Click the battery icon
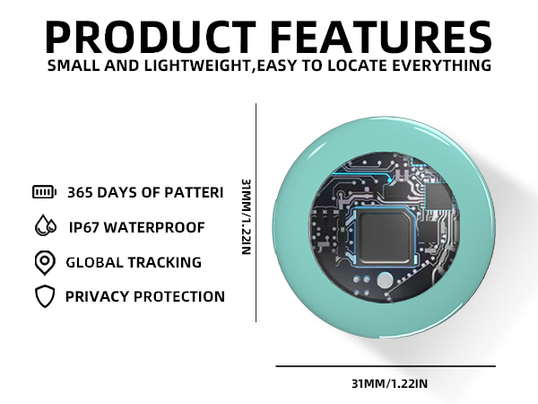tap(44, 191)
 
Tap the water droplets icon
tap(44, 226)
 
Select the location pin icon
tap(44, 262)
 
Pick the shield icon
tap(44, 296)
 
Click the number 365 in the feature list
tap(83, 191)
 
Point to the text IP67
tap(86, 227)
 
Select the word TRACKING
tap(168, 262)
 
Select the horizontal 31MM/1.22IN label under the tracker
tap(389, 384)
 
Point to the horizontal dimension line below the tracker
tap(385, 366)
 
